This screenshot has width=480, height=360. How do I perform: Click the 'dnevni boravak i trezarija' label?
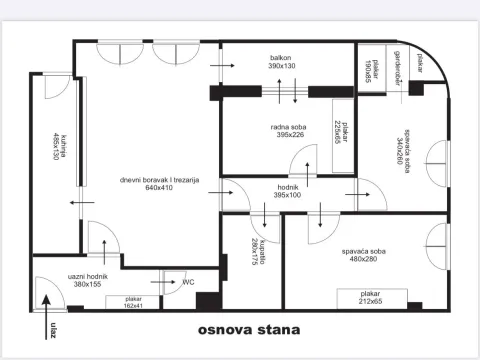160,183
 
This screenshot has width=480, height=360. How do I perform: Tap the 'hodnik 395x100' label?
287,190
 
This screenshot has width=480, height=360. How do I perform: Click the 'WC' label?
187,282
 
